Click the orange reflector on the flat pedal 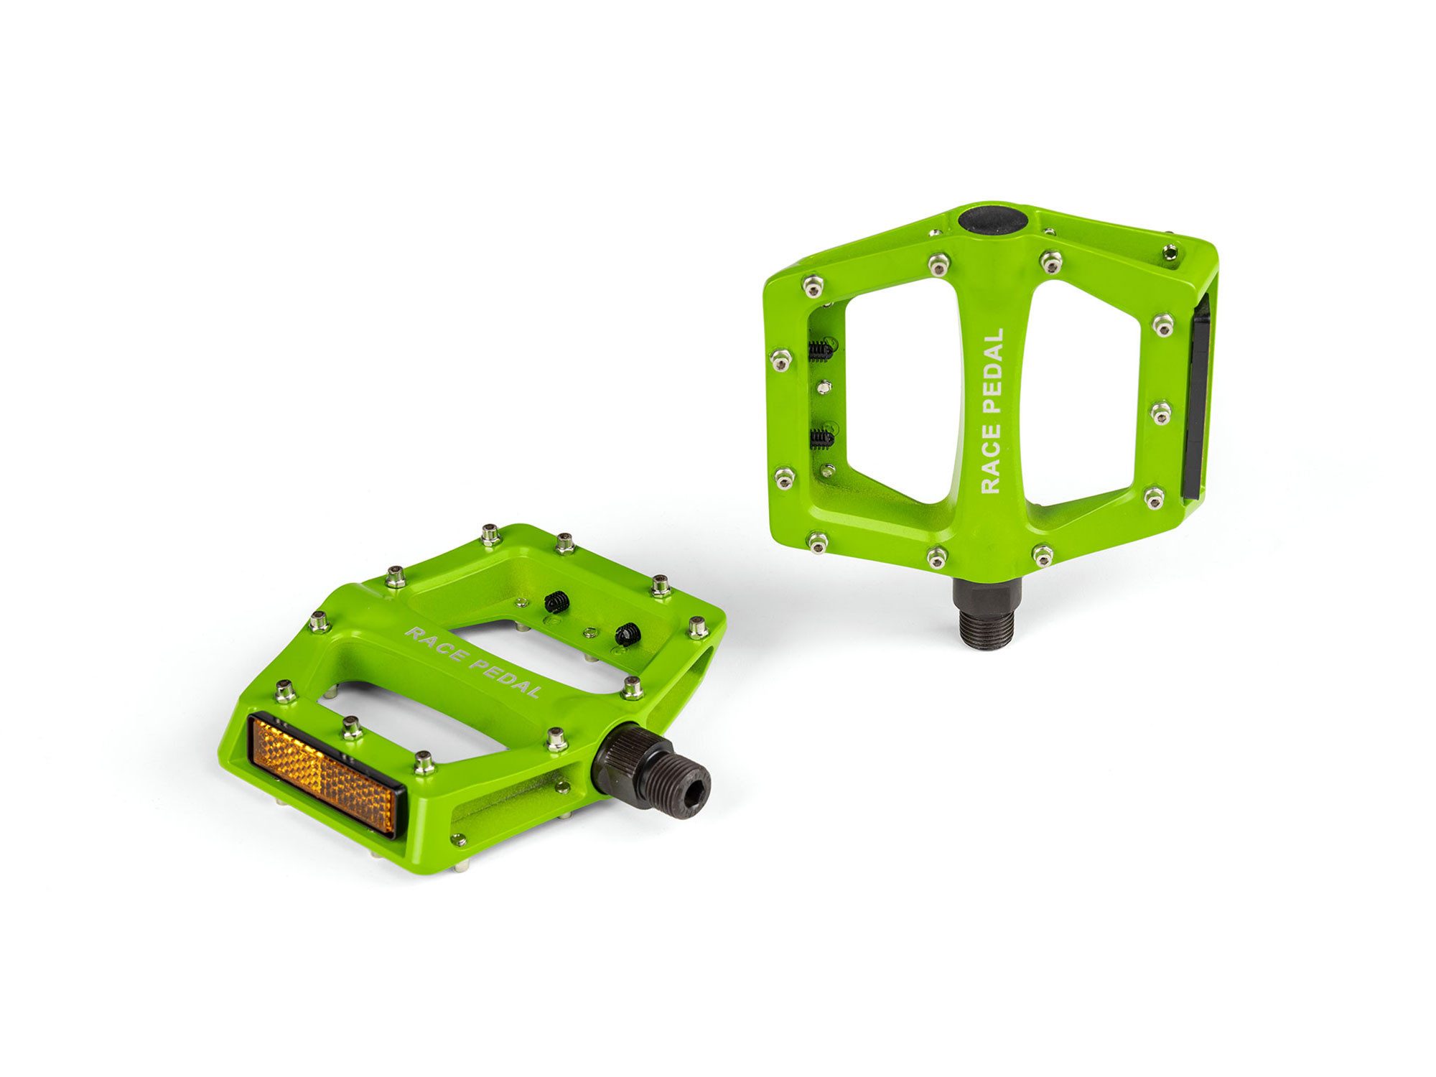(322, 775)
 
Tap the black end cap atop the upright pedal (993, 219)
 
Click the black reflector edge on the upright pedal (1197, 399)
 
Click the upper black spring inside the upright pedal (821, 350)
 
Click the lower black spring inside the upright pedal (821, 438)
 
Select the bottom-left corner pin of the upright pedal (818, 541)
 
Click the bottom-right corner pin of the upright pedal (1154, 497)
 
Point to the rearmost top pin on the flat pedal (490, 534)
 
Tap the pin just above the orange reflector (352, 727)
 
